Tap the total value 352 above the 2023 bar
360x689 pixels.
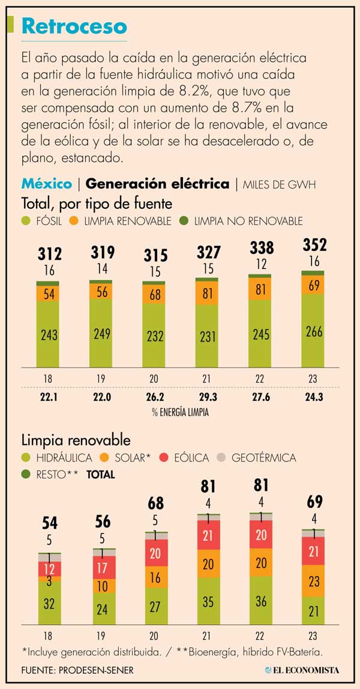point(314,245)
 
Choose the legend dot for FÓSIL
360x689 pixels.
point(26,221)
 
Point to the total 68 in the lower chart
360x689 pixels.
point(155,503)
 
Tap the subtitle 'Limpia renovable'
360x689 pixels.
point(76,440)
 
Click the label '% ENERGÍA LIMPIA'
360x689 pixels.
point(180,412)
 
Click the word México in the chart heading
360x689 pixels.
point(47,184)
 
